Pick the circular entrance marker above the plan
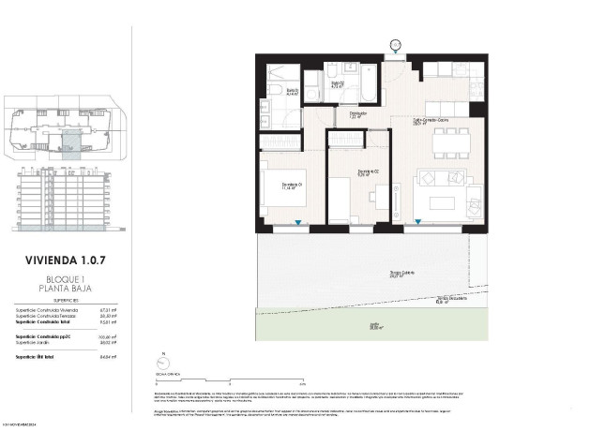pyautogui.click(x=395, y=43)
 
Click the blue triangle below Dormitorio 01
pyautogui.click(x=298, y=223)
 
